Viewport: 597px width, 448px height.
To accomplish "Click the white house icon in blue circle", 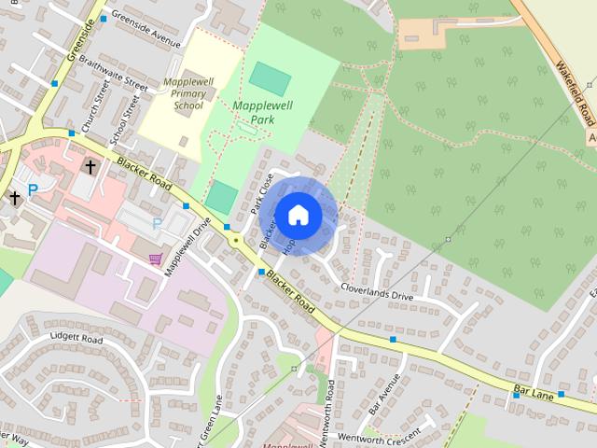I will coord(298,216).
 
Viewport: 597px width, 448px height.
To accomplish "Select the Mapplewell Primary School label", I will coord(187,93).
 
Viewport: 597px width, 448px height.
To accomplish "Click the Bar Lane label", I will coord(534,391).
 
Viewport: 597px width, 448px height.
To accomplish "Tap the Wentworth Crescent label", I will coord(374,436).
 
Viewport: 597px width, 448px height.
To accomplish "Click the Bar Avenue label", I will coord(384,396).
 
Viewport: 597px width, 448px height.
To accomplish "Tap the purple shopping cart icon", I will coord(155,258).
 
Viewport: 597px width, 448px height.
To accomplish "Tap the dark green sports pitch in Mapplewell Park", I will coord(269,77).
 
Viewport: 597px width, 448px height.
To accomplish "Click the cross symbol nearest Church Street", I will coord(90,167).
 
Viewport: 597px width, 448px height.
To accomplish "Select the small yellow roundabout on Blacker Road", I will coord(236,240).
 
